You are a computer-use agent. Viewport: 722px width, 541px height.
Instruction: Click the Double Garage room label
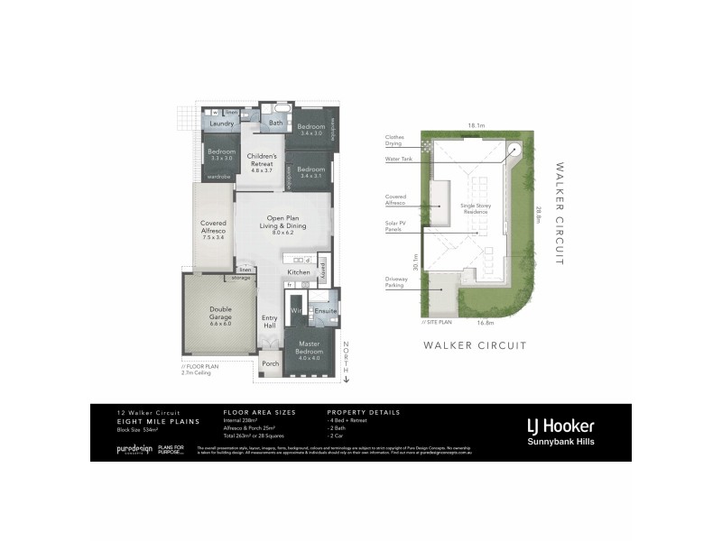221,313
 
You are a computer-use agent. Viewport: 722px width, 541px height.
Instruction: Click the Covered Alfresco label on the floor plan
213,229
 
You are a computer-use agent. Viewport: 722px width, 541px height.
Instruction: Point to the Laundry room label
222,124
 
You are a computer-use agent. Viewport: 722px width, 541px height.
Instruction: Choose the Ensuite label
325,311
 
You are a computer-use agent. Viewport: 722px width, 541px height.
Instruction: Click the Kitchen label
299,271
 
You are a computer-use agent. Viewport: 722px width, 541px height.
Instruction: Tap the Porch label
270,364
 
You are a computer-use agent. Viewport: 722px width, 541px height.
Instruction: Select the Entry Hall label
270,321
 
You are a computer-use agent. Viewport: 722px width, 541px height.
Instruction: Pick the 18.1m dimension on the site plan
476,125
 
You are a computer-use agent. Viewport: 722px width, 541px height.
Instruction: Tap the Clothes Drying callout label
393,141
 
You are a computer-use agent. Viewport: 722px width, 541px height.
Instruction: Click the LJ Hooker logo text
560,425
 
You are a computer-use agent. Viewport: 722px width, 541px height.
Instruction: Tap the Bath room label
276,124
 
